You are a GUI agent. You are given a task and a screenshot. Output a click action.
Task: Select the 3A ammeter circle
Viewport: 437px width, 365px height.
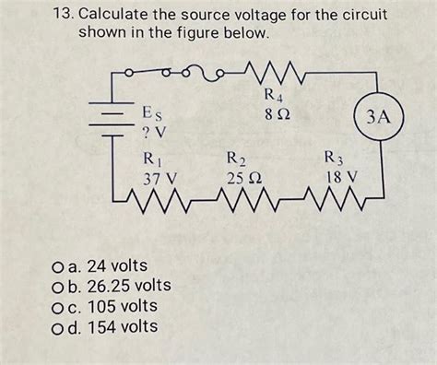tap(379, 117)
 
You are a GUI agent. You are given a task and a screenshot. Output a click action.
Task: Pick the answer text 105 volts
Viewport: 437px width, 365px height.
tap(115, 306)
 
